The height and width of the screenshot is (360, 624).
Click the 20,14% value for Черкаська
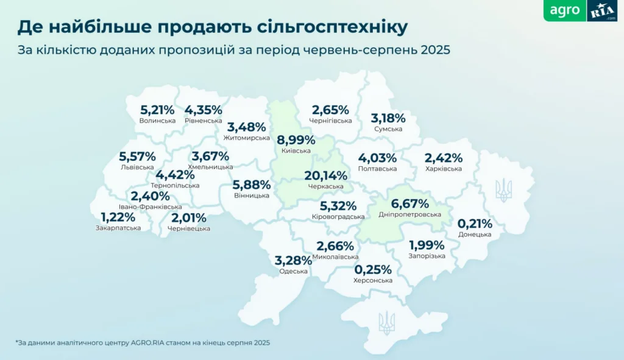click(325, 176)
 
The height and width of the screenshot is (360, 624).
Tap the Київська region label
click(296, 151)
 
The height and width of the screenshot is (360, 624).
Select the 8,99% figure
click(296, 140)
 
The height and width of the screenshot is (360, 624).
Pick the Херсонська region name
click(372, 281)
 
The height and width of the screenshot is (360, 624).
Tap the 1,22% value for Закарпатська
click(118, 217)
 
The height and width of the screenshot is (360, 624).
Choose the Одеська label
click(293, 271)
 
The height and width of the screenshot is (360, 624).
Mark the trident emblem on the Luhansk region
click(503, 190)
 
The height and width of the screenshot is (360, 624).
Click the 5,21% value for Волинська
click(157, 110)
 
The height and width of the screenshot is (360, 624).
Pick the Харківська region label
click(443, 169)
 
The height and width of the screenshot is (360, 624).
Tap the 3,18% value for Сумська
click(388, 118)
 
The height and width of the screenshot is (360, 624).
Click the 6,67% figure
click(409, 204)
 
